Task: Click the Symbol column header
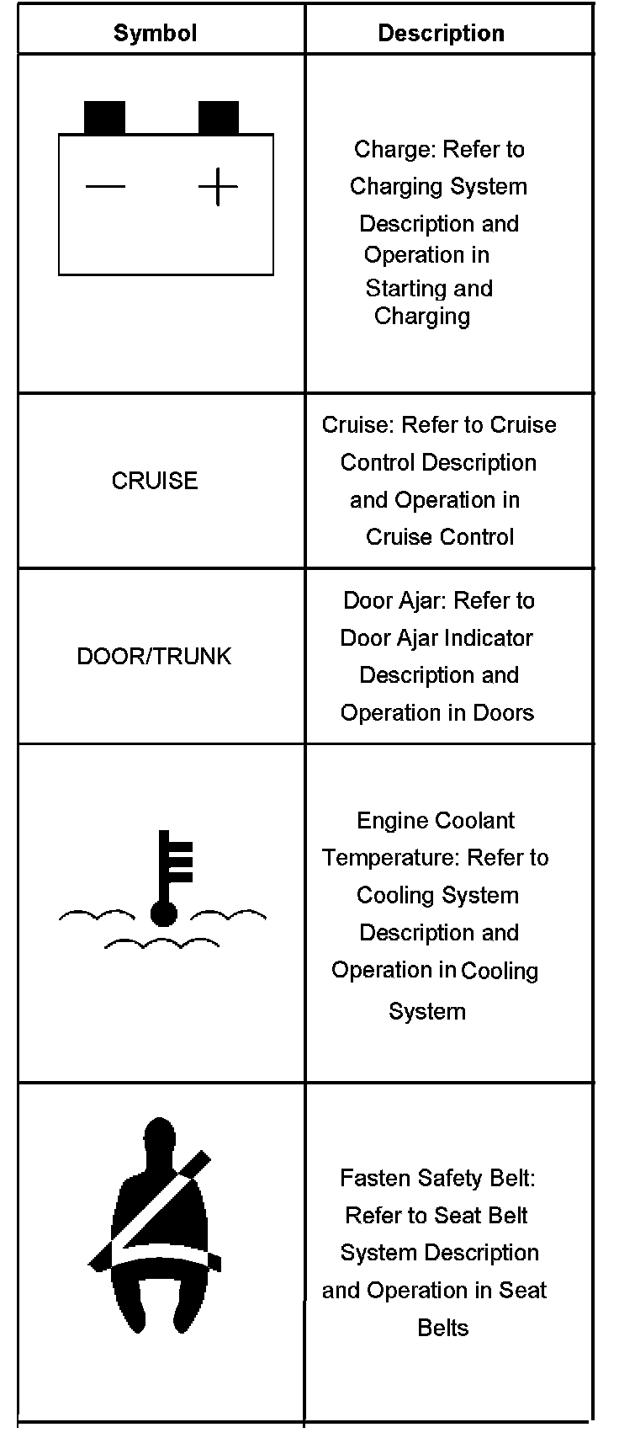tap(155, 33)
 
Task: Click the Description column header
tap(441, 33)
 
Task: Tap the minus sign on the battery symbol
tap(105, 186)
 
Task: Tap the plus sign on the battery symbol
tap(218, 186)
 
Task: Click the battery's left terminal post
tap(104, 118)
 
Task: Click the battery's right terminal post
tap(218, 118)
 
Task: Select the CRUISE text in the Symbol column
tap(155, 481)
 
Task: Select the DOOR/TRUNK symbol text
tap(154, 657)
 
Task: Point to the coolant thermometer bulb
tap(163, 913)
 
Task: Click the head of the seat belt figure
tap(158, 1141)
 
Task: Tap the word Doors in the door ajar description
tap(503, 713)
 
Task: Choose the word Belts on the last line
tap(442, 1329)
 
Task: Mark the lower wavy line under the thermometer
tap(161, 942)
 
